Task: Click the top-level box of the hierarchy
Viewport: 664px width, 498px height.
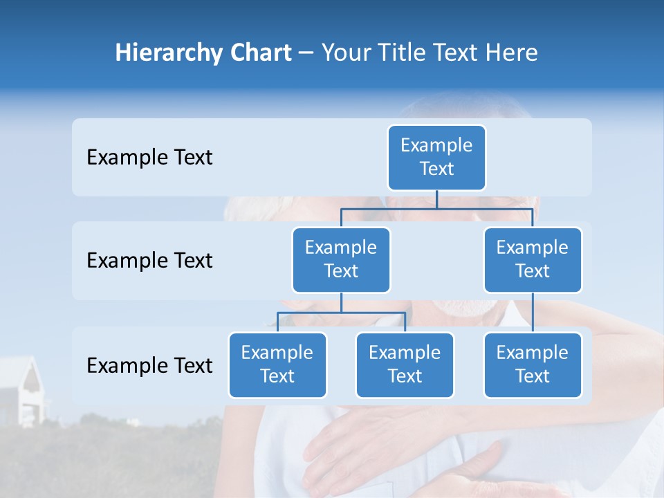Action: click(x=436, y=157)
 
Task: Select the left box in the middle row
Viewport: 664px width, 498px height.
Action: click(x=341, y=259)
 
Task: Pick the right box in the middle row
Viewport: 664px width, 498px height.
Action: click(x=533, y=259)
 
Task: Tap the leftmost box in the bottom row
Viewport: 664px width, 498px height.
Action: click(x=277, y=365)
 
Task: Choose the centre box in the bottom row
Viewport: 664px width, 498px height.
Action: click(x=405, y=365)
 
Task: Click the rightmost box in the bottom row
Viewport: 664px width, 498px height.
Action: click(x=533, y=365)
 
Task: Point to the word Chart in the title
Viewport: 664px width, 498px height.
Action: click(x=257, y=53)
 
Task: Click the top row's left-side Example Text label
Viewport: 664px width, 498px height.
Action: click(x=149, y=158)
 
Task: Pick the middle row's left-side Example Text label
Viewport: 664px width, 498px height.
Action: click(x=149, y=261)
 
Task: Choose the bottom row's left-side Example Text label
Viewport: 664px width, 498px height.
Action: click(x=149, y=365)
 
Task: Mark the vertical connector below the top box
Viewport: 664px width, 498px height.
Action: click(x=436, y=199)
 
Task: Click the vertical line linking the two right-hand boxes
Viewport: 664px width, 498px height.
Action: click(x=533, y=312)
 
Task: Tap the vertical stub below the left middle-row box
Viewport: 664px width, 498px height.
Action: click(x=341, y=302)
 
